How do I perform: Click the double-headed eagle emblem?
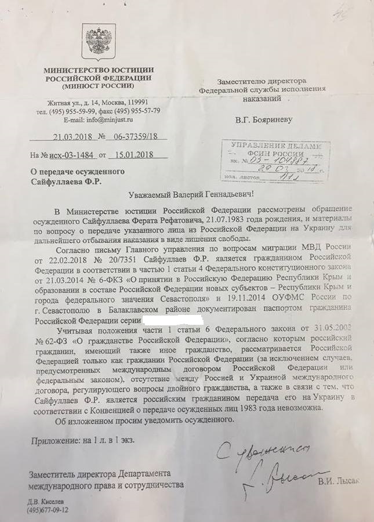click(98, 42)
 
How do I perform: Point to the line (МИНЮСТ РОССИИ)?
click(97, 87)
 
